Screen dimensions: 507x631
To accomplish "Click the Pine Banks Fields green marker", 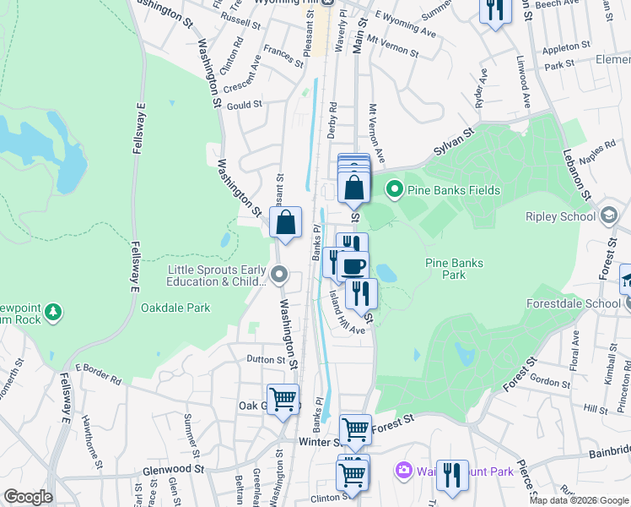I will click(x=393, y=189).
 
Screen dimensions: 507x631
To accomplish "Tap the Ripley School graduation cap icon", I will click(x=607, y=215).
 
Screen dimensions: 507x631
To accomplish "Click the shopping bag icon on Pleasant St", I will click(x=286, y=223).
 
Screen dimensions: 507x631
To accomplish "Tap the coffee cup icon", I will click(x=353, y=267).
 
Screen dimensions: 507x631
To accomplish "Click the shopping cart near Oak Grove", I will click(x=283, y=399).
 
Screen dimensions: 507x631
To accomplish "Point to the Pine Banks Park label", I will click(x=454, y=269).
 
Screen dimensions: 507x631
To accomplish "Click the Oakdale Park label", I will click(x=175, y=308).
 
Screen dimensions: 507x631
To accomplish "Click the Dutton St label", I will click(x=266, y=359).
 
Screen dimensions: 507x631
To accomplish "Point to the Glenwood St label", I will click(x=175, y=468).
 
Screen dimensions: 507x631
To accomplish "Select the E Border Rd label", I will click(x=100, y=368).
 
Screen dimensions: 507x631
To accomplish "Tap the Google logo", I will click(x=27, y=497).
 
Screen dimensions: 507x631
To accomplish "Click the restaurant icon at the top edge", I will click(x=493, y=9).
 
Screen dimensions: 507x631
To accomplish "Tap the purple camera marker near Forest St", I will click(x=403, y=469).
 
